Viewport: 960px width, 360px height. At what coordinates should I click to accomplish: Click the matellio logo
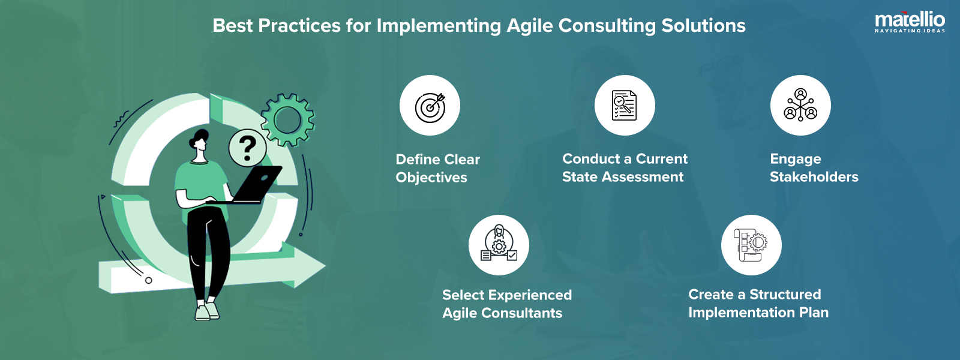(910, 22)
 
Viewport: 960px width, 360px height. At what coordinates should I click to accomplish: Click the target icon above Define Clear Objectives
(430, 106)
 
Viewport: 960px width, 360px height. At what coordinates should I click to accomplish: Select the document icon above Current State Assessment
(624, 106)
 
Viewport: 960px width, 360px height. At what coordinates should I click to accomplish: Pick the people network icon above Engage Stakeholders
(800, 105)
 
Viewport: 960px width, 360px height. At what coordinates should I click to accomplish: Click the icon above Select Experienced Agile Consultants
(499, 245)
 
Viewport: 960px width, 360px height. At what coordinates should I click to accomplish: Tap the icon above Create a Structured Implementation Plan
(751, 245)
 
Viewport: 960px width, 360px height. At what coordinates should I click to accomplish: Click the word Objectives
(431, 178)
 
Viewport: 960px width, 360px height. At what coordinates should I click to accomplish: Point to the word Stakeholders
(814, 177)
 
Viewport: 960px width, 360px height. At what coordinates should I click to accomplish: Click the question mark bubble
(247, 147)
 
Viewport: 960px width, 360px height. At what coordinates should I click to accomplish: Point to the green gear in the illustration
(288, 119)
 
